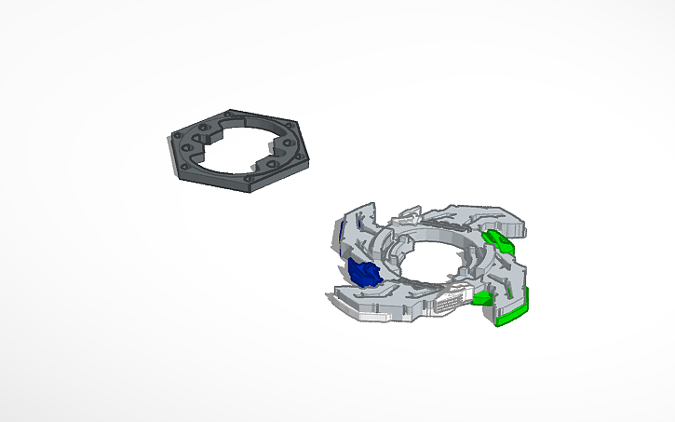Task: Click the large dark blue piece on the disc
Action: (363, 273)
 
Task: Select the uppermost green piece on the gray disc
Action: (500, 242)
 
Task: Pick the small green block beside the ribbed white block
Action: (481, 298)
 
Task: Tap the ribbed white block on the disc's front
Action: (450, 304)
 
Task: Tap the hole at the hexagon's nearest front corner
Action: (250, 177)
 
